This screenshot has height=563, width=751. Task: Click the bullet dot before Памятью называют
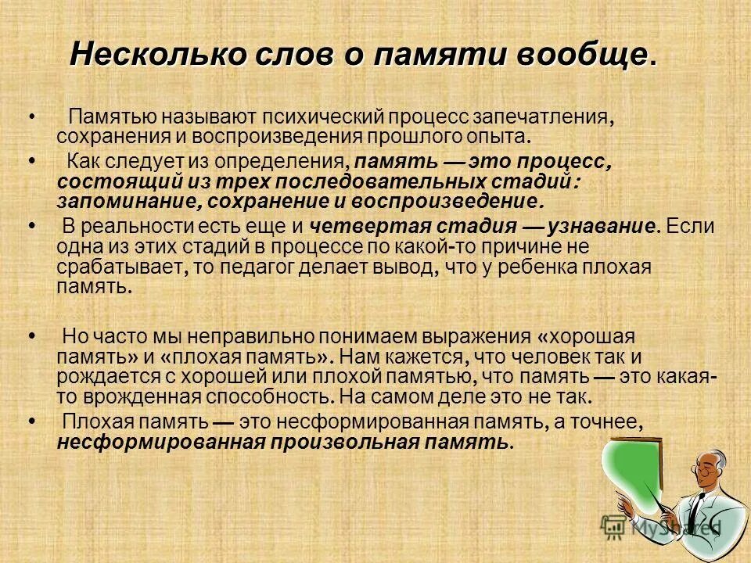pos(31,117)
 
